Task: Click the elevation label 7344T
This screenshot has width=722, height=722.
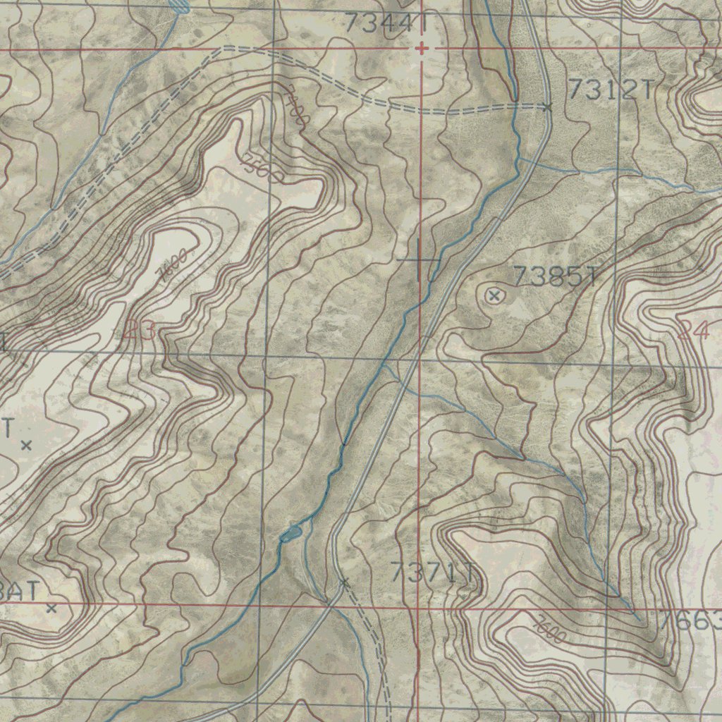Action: click(386, 24)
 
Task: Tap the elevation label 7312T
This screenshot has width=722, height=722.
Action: click(611, 90)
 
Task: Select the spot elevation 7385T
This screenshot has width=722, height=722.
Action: click(555, 277)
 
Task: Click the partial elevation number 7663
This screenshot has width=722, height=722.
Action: click(691, 621)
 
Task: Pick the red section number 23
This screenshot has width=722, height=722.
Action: click(140, 331)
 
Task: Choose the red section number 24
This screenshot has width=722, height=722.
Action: click(693, 330)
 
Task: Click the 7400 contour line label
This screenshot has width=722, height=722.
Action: click(296, 106)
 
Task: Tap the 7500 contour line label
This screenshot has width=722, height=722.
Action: click(261, 168)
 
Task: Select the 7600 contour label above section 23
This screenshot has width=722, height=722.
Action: click(173, 266)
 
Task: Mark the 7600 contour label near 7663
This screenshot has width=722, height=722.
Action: click(550, 630)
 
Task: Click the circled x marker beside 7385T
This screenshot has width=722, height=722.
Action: click(494, 296)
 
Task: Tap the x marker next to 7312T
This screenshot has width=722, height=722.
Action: click(547, 107)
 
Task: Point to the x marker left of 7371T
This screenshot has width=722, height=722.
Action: click(344, 582)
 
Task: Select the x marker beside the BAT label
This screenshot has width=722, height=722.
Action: click(51, 608)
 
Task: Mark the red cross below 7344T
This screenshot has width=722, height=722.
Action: click(422, 49)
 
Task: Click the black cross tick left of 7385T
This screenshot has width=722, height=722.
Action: click(420, 260)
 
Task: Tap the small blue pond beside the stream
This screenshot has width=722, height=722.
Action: click(290, 534)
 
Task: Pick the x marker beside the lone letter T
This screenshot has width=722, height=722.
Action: click(26, 445)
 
